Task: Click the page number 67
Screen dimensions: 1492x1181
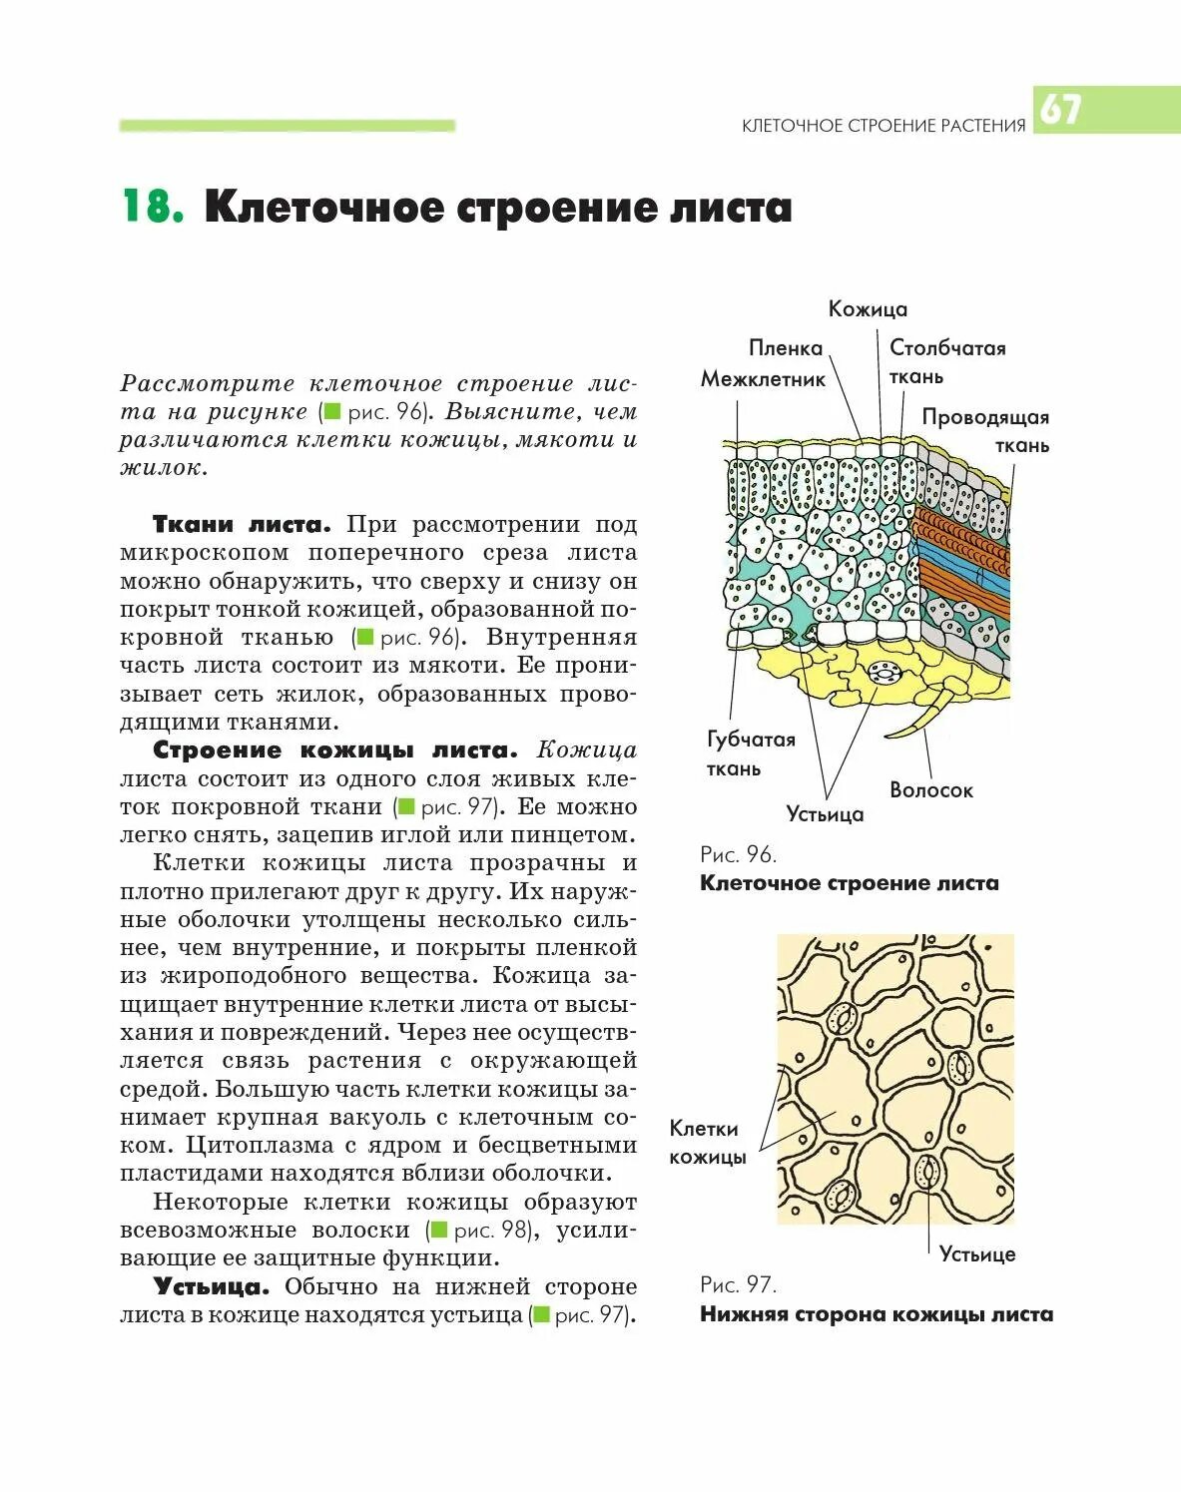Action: click(x=1060, y=109)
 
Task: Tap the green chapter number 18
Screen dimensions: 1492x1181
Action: click(x=152, y=207)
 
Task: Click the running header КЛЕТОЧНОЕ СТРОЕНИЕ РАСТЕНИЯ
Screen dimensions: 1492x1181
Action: click(x=884, y=126)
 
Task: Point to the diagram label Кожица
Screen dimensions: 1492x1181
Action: click(x=868, y=309)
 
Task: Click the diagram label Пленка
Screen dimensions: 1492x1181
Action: click(x=786, y=348)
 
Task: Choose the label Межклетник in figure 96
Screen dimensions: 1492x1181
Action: click(x=763, y=379)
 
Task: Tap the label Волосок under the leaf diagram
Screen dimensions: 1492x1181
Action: click(x=930, y=790)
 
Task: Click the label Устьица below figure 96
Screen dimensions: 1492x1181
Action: click(x=825, y=814)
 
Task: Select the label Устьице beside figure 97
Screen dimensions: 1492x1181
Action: click(x=976, y=1254)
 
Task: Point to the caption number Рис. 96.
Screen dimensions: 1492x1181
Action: click(x=738, y=854)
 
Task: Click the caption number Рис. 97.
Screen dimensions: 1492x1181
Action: click(x=738, y=1284)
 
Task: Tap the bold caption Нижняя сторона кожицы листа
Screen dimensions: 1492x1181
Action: click(x=876, y=1314)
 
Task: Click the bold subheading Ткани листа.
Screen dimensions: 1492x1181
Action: click(x=241, y=525)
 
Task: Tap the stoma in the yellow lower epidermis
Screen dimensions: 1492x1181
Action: click(x=884, y=674)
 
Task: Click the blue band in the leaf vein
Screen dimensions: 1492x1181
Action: click(x=963, y=560)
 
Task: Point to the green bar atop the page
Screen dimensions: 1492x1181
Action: click(x=288, y=126)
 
